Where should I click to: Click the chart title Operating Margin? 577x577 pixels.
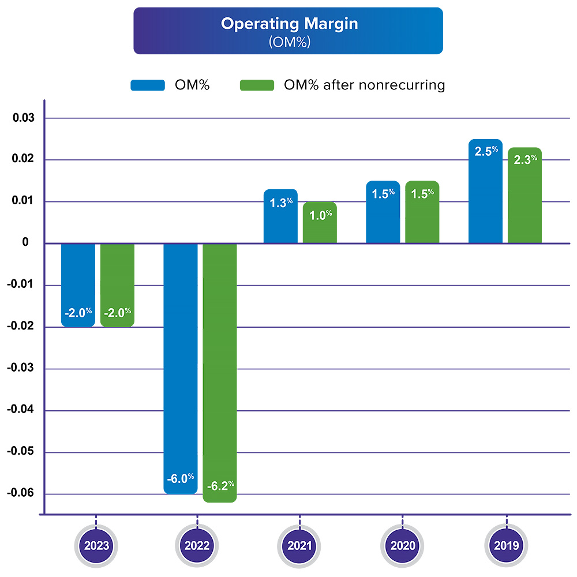click(288, 24)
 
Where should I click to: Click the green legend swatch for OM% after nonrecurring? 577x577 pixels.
click(257, 85)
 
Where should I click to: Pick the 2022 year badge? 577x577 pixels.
click(198, 545)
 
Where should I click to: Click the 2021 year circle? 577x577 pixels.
click(300, 545)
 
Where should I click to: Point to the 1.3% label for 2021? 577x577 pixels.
click(280, 203)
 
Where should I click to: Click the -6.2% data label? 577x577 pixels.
click(220, 486)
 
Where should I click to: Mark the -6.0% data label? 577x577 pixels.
click(181, 478)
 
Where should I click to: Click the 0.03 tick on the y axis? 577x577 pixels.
click(24, 118)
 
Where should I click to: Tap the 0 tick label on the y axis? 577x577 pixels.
click(25, 243)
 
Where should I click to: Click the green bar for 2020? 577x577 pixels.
click(422, 219)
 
